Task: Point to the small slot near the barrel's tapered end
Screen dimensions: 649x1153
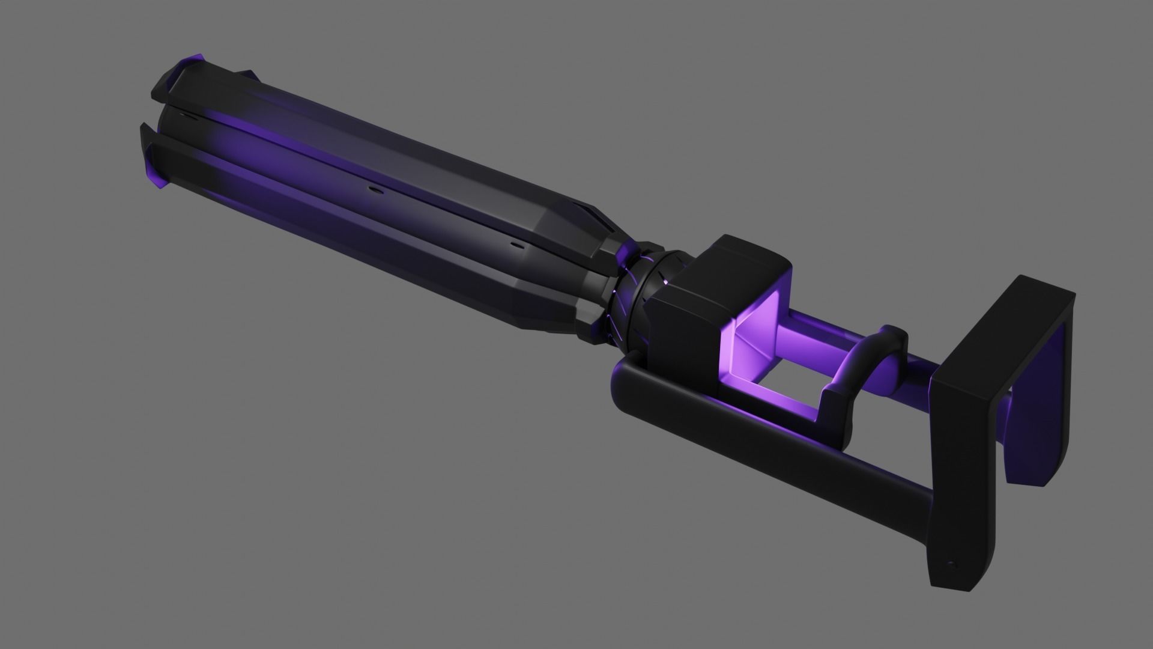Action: point(515,245)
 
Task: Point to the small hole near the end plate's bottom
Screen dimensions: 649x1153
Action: point(950,565)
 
